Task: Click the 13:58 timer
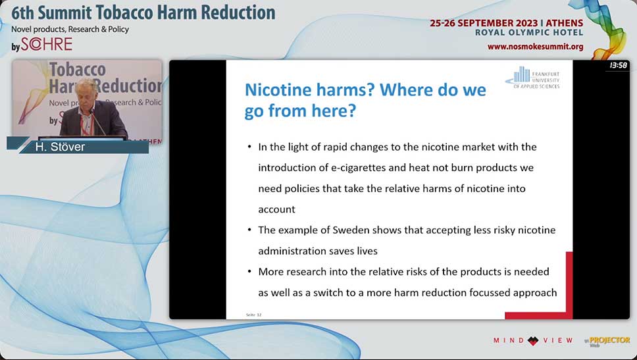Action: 619,65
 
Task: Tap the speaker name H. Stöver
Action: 60,147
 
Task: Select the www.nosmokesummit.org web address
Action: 536,47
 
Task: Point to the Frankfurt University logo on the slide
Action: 532,78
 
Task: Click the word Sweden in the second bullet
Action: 351,230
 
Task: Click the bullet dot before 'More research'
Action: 249,271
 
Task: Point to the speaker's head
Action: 86,91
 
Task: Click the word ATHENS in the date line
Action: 564,23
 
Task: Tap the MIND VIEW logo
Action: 533,340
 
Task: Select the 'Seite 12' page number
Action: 254,315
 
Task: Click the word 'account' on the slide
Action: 276,210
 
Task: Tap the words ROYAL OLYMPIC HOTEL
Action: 529,32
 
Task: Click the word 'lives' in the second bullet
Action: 367,251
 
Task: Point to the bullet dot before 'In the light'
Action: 249,147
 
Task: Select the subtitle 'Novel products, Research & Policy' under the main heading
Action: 70,29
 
